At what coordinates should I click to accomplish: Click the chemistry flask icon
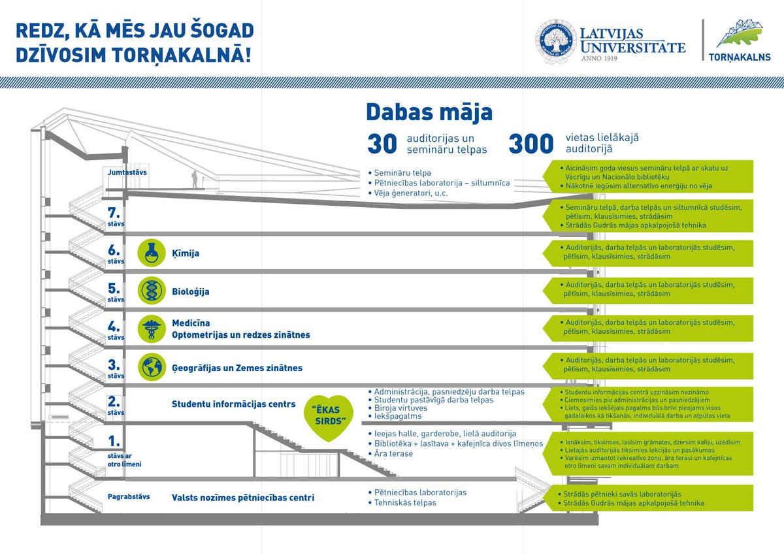pos(151,252)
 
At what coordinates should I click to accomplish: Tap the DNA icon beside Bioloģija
pos(151,290)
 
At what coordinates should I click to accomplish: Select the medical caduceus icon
pos(151,328)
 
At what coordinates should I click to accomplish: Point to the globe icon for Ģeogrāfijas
pos(151,366)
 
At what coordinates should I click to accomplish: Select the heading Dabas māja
pos(429,112)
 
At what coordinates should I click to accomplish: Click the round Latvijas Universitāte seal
pos(555,42)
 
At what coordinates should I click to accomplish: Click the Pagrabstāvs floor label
pos(129,497)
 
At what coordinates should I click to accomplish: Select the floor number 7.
pos(115,212)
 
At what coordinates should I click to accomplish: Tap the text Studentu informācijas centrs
pos(233,404)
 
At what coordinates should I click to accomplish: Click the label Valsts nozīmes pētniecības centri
pos(242,498)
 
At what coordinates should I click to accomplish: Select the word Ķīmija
pos(186,253)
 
